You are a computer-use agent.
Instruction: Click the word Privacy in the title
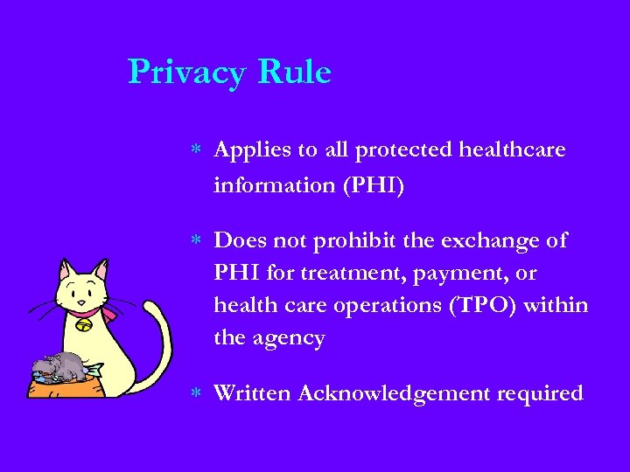coord(187,73)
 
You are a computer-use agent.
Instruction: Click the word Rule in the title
coord(294,72)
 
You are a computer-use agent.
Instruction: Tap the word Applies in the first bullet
coord(252,150)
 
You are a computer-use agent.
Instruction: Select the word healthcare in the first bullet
coord(516,149)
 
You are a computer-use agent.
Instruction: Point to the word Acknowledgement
coord(395,394)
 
